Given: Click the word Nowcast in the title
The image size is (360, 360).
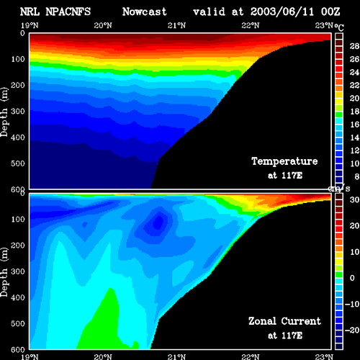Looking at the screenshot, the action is coord(144,12).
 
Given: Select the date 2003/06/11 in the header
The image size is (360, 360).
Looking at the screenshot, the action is coord(282,12).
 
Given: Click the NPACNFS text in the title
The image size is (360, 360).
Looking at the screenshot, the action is coord(68,12).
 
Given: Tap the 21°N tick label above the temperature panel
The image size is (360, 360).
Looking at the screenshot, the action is coord(176,25).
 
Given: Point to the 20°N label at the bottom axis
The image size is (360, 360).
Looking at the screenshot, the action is coord(103,357).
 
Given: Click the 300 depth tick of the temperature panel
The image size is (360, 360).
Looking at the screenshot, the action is coord(18,111).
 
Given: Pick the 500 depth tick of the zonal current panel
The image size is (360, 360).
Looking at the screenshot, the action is coord(18,323).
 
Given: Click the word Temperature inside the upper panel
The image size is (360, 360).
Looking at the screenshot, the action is coord(284,161).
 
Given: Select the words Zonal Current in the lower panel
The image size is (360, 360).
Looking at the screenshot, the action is coord(284,321).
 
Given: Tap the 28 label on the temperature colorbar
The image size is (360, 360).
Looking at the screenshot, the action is coord(354,46).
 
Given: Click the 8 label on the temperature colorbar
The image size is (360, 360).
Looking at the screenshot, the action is coord(356,176).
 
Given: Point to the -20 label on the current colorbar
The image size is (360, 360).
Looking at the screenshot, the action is coord(352,330).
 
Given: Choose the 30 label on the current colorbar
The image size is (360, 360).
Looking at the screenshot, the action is coord(354,199).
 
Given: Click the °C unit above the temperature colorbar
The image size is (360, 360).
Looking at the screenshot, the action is coord(339,27).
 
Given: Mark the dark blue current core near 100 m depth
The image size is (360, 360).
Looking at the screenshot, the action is coord(158,222).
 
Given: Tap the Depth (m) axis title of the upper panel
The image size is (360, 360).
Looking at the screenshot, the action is coord(4,112).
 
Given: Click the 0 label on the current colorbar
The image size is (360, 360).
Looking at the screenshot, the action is coord(352,278).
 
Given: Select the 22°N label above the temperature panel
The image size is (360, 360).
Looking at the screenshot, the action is coord(251,25).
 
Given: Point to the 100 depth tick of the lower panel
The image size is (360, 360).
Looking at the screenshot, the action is coord(18,219).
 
